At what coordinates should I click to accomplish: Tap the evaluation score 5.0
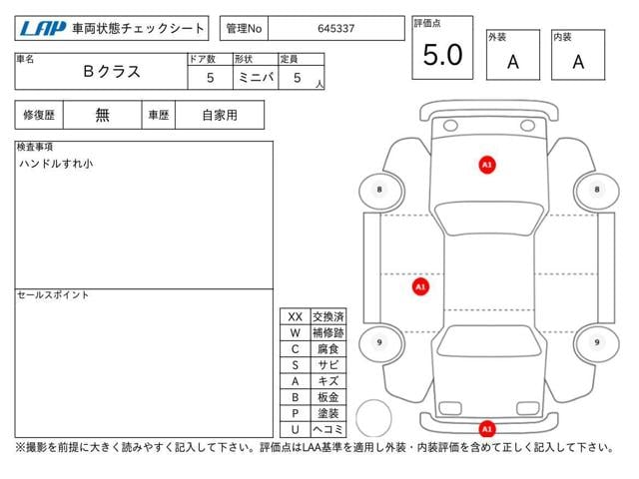pyautogui.click(x=442, y=56)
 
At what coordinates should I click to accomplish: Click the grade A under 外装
pyautogui.click(x=512, y=61)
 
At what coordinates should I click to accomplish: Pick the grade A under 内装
pyautogui.click(x=578, y=61)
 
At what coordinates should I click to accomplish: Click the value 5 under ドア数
pyautogui.click(x=209, y=77)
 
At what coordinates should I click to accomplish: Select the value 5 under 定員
pyautogui.click(x=297, y=77)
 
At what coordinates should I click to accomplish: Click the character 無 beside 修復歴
pyautogui.click(x=103, y=115)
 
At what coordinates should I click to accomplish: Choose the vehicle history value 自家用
pyautogui.click(x=220, y=115)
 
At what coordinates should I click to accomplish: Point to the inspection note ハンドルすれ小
pyautogui.click(x=56, y=163)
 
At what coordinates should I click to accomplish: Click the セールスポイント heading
pyautogui.click(x=53, y=295)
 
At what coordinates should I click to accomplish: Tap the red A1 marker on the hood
pyautogui.click(x=487, y=164)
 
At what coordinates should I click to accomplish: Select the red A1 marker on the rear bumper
pyautogui.click(x=487, y=429)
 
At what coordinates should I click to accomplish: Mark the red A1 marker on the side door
pyautogui.click(x=420, y=286)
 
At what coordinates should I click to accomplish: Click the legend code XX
pyautogui.click(x=295, y=316)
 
